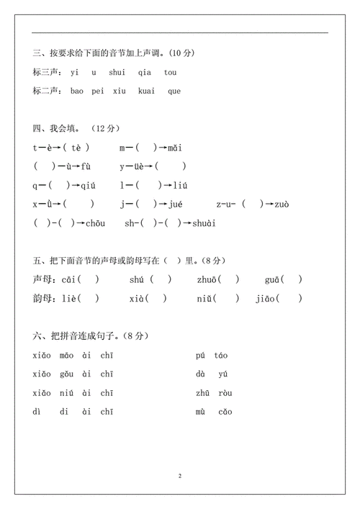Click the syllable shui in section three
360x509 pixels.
click(117, 72)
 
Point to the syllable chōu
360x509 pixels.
click(94, 223)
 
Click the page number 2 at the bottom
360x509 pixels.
click(180, 477)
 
